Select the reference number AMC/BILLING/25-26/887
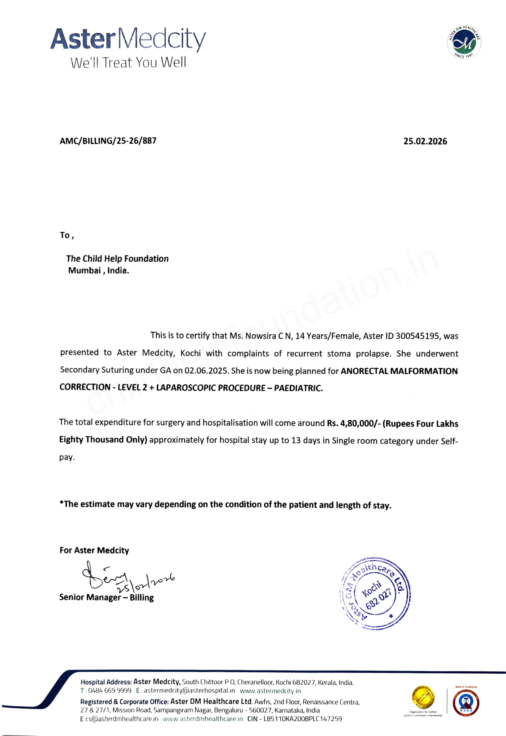pos(108,141)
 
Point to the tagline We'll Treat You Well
pos(128,62)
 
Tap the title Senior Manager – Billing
pos(106,597)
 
